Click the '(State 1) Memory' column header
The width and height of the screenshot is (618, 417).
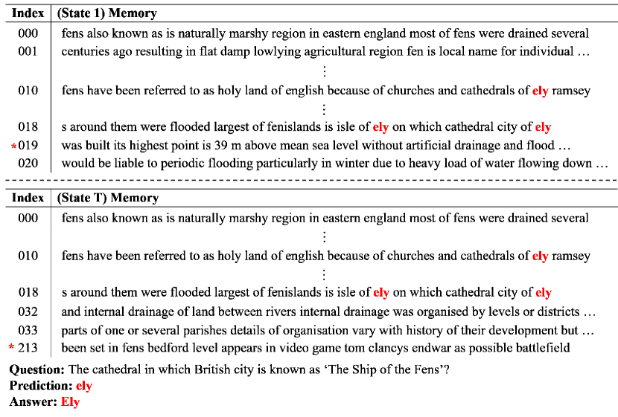point(107,14)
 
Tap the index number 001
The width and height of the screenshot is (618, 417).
point(28,52)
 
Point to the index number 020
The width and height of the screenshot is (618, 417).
point(28,164)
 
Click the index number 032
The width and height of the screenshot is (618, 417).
point(28,311)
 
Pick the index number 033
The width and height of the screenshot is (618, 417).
point(28,330)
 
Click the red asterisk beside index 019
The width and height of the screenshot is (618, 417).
point(13,146)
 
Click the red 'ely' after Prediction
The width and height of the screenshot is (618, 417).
point(84,387)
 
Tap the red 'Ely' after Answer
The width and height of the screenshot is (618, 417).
point(70,402)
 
